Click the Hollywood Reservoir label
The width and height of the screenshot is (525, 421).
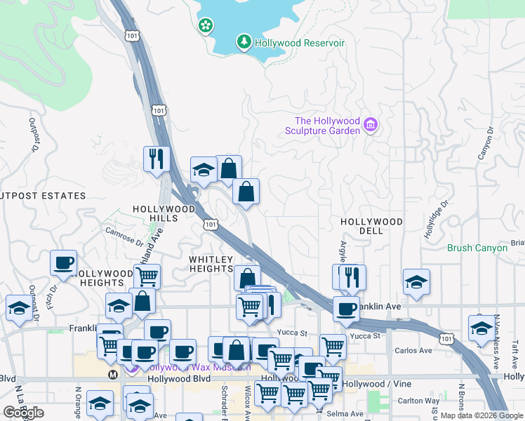click(300, 43)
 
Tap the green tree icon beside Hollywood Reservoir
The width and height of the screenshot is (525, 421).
click(244, 43)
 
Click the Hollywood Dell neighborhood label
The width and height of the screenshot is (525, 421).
click(371, 226)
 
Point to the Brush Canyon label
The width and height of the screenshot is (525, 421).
click(477, 248)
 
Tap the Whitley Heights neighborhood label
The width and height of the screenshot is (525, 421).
click(211, 264)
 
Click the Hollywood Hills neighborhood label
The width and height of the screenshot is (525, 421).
click(164, 214)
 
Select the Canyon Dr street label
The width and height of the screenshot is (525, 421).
click(482, 143)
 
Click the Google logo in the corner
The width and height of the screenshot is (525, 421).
click(23, 413)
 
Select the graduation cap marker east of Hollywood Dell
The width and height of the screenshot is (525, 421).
click(417, 282)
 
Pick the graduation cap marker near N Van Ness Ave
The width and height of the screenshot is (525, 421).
click(481, 328)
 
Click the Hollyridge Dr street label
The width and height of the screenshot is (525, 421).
click(434, 220)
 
